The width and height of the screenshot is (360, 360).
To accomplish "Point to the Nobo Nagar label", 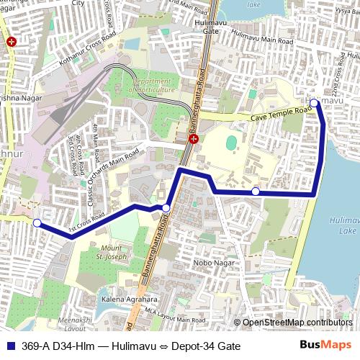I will pos(209,263).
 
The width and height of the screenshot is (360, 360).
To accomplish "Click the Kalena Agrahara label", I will pos(129,299).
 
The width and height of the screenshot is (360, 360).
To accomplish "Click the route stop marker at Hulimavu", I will pos(315,104).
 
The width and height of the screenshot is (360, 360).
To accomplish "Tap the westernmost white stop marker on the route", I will pos(37,222).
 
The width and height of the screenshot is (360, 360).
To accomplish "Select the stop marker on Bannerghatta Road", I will pos(166,208).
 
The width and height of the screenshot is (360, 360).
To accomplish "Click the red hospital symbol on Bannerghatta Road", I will pos(193,138).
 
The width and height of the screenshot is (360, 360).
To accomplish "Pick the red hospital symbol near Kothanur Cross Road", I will pos(10,42).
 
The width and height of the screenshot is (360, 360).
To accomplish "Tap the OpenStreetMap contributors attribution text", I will pos(297,323).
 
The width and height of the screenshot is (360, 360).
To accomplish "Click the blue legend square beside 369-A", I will pos(9,346).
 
